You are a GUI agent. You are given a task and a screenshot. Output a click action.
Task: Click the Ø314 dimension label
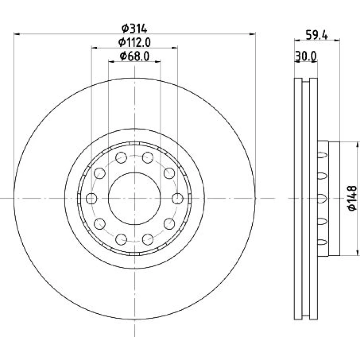click(x=134, y=29)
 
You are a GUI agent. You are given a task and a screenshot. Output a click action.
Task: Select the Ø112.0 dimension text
click(x=135, y=42)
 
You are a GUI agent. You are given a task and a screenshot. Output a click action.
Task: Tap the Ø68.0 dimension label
click(x=135, y=56)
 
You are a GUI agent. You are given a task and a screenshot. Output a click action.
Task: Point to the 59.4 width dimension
click(x=317, y=35)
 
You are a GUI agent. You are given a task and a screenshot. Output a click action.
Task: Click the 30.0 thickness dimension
click(x=306, y=56)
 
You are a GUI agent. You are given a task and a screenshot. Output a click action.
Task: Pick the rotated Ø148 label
click(x=352, y=198)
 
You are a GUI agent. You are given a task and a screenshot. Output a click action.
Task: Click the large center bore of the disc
click(x=135, y=199)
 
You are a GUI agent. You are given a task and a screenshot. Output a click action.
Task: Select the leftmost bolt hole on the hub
click(x=91, y=199)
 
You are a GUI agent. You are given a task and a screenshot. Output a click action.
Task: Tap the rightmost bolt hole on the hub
click(x=177, y=199)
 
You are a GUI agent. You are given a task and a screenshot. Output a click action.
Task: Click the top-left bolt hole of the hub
click(x=121, y=158)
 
